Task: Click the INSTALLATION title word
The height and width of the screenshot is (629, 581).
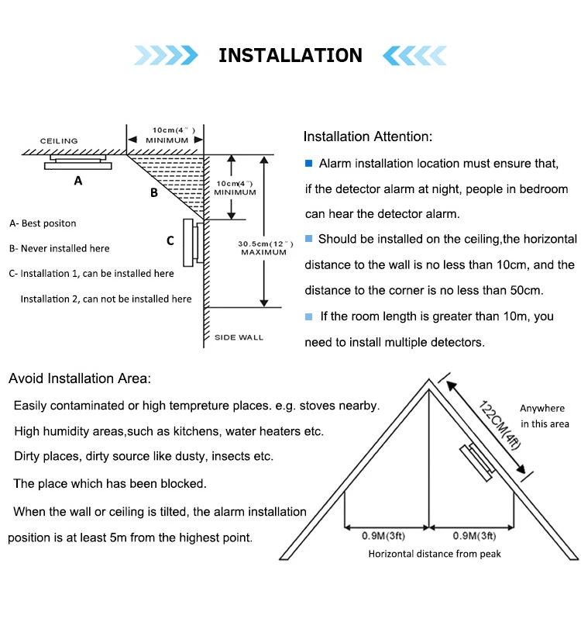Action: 290,55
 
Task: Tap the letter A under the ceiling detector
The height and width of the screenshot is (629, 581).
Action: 78,181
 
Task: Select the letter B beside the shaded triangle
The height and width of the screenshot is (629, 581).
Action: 154,192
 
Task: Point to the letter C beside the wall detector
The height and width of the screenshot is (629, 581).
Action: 170,240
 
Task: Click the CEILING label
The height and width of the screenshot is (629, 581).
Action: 59,141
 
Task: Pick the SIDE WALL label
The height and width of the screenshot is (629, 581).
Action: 239,337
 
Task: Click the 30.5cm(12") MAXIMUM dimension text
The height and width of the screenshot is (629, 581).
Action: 265,248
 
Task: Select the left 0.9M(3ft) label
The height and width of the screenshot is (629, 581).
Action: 383,536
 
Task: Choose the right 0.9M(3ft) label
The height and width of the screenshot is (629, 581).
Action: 474,536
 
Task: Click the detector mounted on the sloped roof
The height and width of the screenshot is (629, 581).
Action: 477,462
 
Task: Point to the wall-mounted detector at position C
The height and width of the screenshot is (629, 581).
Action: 193,243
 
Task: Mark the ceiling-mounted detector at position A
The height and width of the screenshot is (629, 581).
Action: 77,162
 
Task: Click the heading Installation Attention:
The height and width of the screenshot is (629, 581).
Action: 368,137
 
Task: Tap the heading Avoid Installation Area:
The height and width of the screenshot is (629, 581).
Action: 80,378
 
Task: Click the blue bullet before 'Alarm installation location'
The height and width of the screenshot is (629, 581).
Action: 308,164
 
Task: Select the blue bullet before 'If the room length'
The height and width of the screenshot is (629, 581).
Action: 308,317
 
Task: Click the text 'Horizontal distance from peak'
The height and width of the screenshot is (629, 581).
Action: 435,554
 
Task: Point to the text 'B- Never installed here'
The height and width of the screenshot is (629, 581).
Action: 60,249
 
